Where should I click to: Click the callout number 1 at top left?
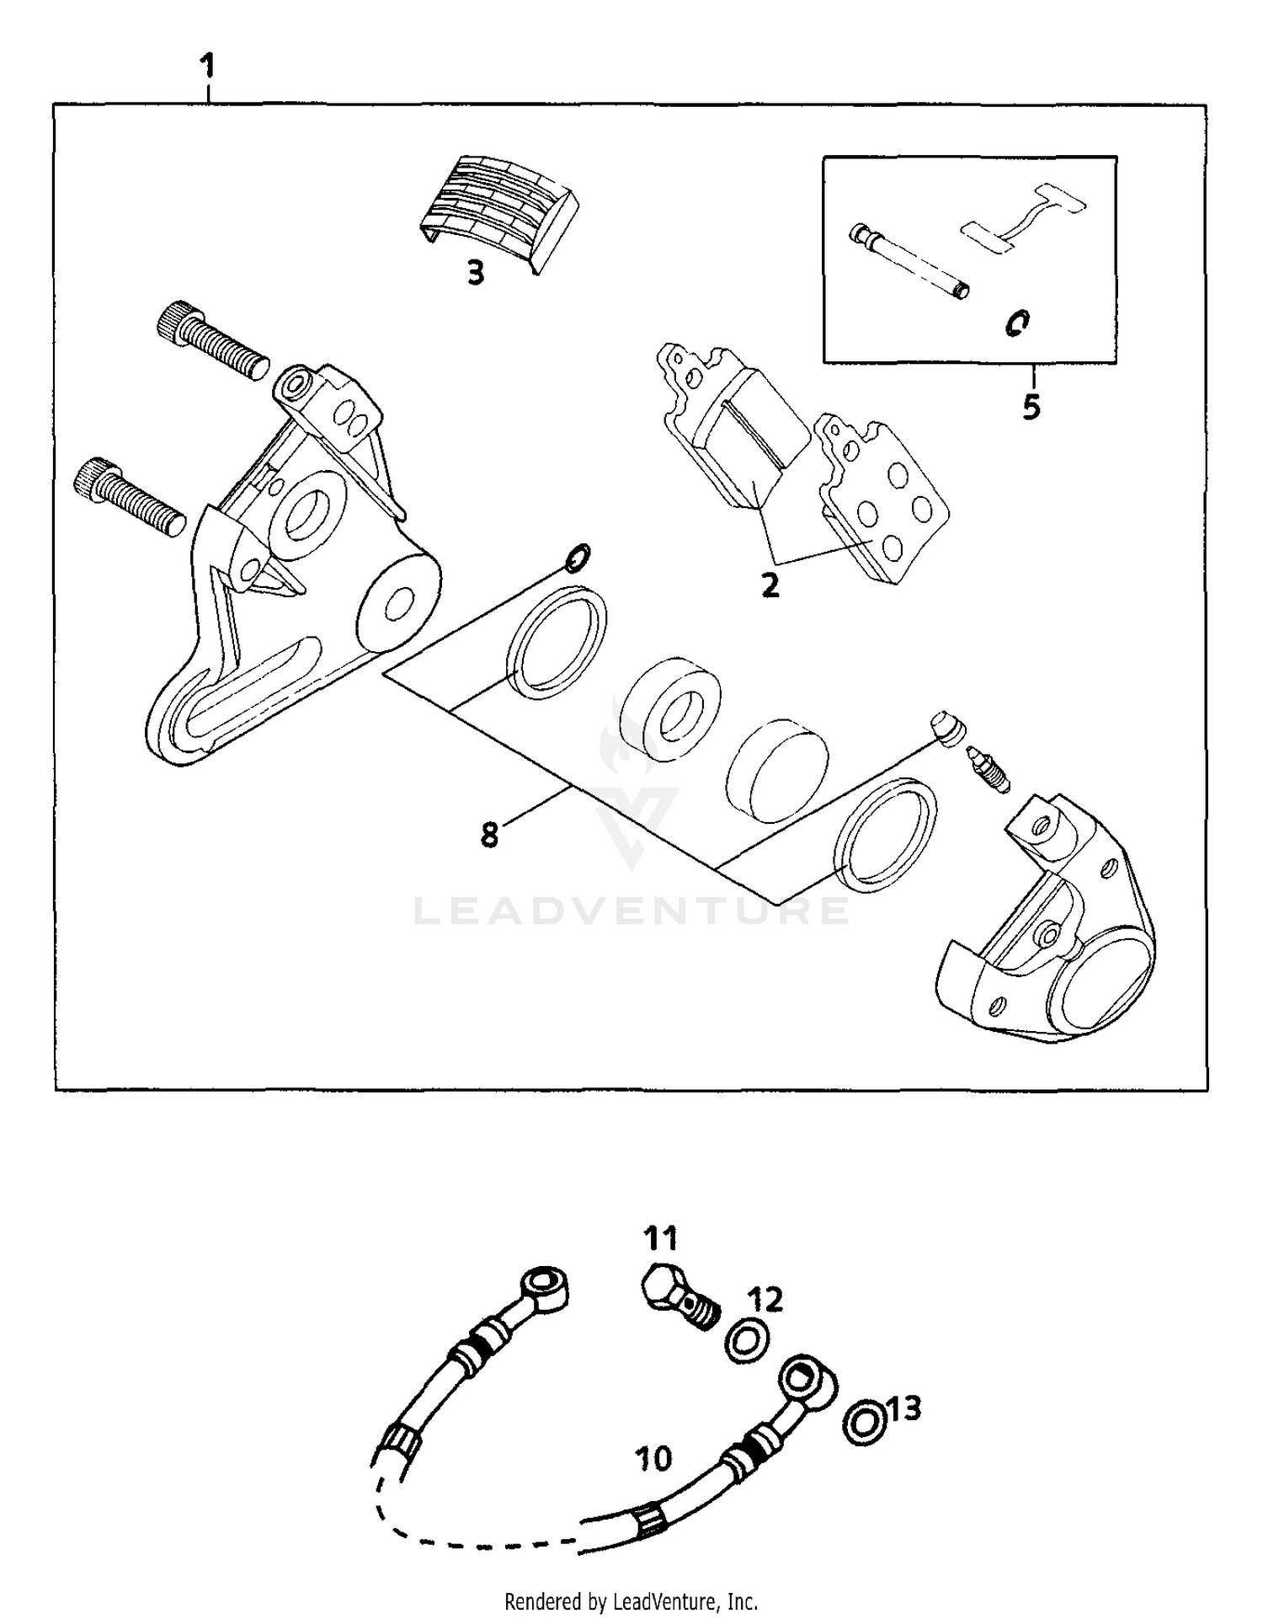click(x=208, y=66)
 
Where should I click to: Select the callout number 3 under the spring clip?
click(x=477, y=272)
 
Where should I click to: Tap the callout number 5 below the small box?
click(x=1031, y=407)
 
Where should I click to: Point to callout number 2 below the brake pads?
click(x=770, y=584)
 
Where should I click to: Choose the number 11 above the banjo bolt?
click(x=660, y=1239)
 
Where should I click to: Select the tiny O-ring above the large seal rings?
click(x=578, y=557)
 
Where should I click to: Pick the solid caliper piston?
click(x=775, y=769)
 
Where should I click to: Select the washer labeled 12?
click(x=746, y=1339)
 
